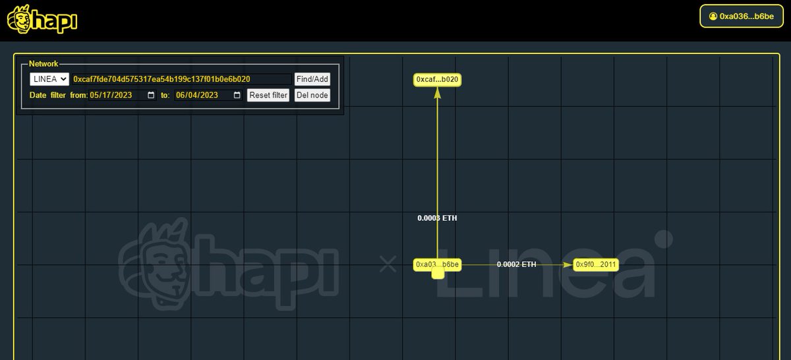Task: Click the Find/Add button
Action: tap(312, 79)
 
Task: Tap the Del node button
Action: tap(312, 95)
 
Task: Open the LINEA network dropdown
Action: tap(49, 79)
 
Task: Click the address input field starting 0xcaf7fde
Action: tap(182, 79)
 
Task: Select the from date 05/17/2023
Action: tap(111, 95)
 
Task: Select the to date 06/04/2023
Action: tap(197, 95)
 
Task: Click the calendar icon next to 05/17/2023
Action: tap(151, 95)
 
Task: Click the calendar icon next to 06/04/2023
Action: tap(237, 95)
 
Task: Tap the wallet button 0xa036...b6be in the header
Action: tap(742, 16)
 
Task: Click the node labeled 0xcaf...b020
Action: tap(437, 80)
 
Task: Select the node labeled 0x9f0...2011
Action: tap(596, 264)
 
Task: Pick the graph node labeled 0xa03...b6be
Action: tap(437, 264)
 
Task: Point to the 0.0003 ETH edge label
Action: tap(437, 218)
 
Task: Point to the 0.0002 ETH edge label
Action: tap(516, 264)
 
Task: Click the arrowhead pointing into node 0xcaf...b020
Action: tap(437, 92)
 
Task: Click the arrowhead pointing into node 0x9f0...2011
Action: tap(568, 264)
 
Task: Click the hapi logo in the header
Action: tap(42, 19)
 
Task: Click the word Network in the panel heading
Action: tap(44, 63)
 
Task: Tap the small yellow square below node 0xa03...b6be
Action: tap(438, 273)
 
